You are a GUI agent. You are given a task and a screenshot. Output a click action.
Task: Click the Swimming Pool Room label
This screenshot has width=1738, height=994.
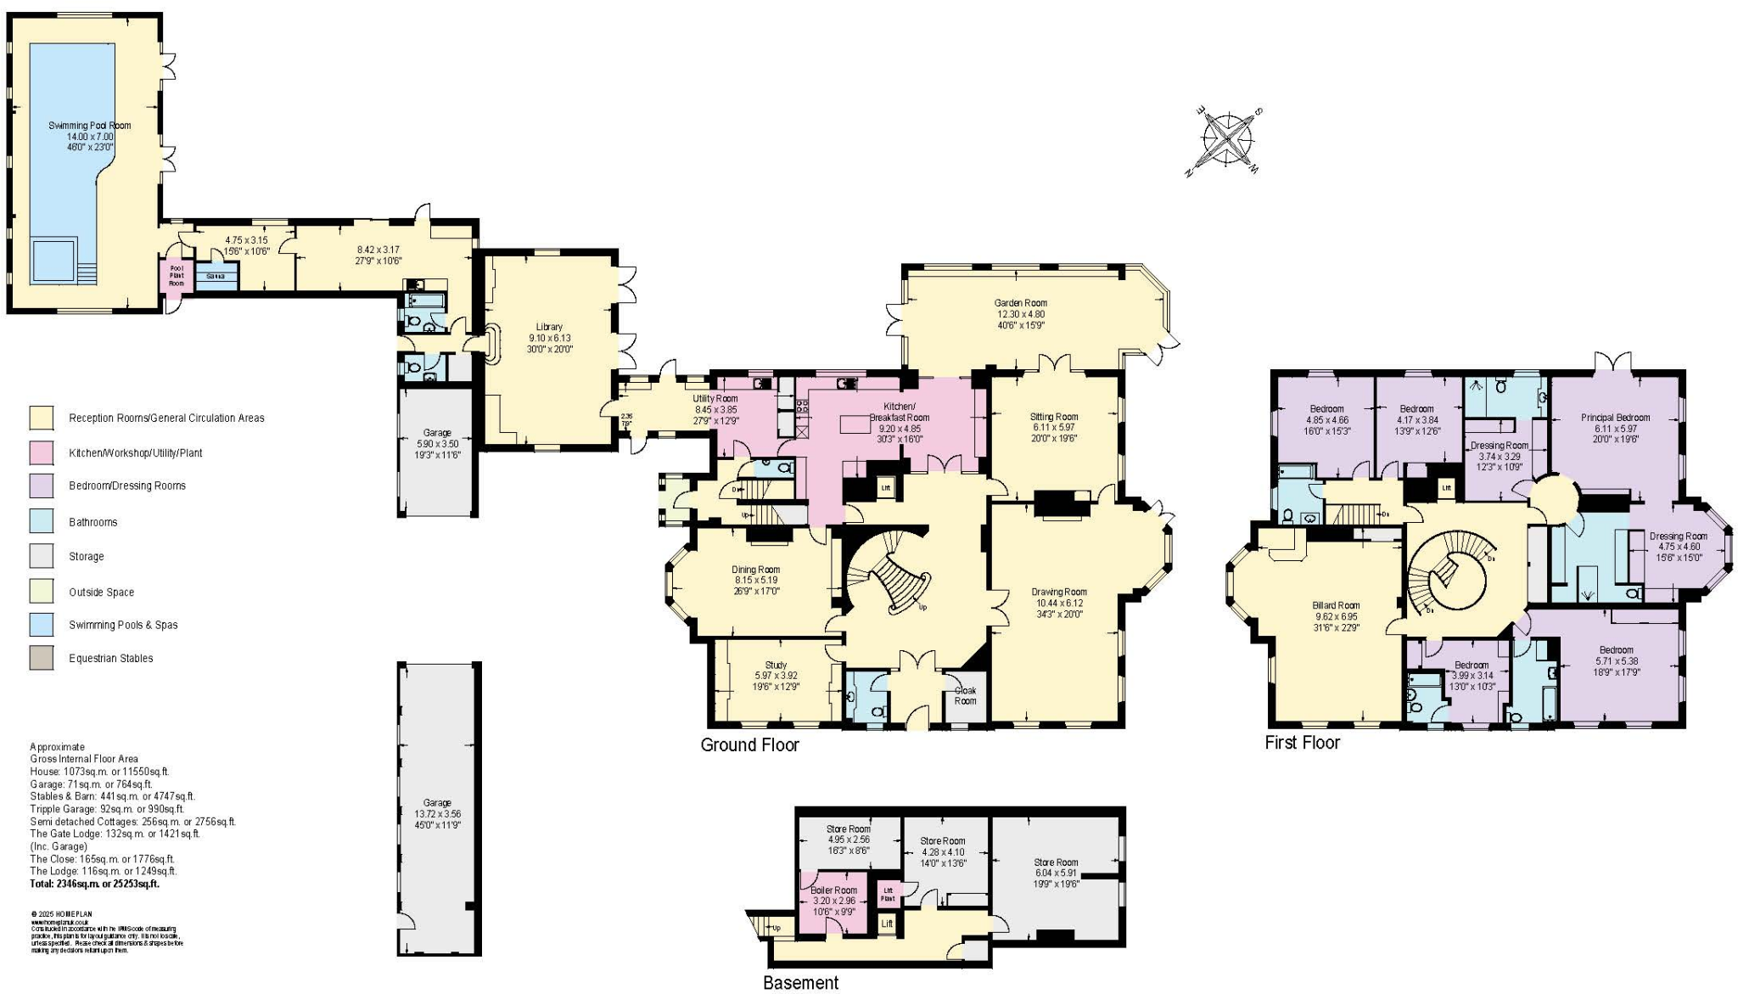[89, 126]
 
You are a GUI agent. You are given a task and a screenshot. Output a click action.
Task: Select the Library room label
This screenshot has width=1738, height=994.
[549, 327]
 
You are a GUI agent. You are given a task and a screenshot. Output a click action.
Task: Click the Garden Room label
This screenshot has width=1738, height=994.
[1020, 303]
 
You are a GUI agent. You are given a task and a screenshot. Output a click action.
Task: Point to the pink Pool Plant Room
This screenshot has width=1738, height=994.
[176, 275]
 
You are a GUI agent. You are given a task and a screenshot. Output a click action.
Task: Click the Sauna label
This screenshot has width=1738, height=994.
[216, 277]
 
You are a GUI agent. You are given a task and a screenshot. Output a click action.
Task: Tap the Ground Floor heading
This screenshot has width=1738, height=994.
[749, 745]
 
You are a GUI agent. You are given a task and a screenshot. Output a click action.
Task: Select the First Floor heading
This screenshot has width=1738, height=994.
[1302, 743]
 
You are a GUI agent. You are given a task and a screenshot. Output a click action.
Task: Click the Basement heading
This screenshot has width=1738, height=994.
[800, 983]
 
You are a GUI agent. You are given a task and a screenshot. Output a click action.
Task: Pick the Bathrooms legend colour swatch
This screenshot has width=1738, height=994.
[42, 521]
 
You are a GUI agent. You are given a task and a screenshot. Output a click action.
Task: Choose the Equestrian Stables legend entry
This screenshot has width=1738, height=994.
[110, 658]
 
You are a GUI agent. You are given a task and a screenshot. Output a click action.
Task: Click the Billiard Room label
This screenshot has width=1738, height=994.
[1336, 606]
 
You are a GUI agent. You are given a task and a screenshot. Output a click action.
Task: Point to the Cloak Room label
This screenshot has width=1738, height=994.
[965, 695]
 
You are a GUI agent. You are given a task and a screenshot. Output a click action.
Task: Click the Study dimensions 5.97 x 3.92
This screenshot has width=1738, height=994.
[776, 676]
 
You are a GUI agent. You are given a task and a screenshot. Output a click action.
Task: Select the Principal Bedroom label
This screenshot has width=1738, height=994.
[1615, 418]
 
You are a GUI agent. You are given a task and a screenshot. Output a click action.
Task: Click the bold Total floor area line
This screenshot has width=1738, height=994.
[94, 884]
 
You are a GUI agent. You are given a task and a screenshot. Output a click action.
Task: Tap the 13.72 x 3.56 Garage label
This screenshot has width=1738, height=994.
[437, 813]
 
